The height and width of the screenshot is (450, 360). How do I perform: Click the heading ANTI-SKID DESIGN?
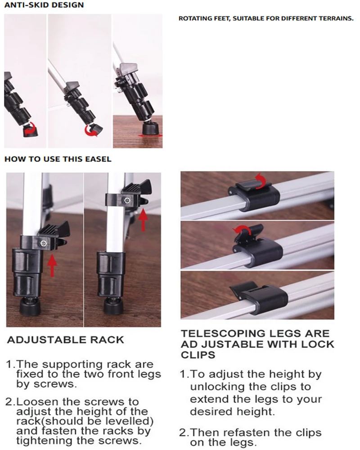tap(44, 5)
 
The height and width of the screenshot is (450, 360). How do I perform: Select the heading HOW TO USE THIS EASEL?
tap(58, 159)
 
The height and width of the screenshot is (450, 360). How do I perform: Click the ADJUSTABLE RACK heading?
tap(65, 340)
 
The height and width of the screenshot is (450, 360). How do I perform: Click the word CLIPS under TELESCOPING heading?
tap(198, 355)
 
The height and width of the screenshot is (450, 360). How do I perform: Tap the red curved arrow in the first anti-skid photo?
tap(30, 129)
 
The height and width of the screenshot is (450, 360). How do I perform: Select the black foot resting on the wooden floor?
tap(150, 128)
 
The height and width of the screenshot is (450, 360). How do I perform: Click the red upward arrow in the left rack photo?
tap(52, 265)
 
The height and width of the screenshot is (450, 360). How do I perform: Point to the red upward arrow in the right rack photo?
tap(143, 220)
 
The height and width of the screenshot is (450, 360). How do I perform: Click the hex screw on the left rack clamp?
tap(44, 243)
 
